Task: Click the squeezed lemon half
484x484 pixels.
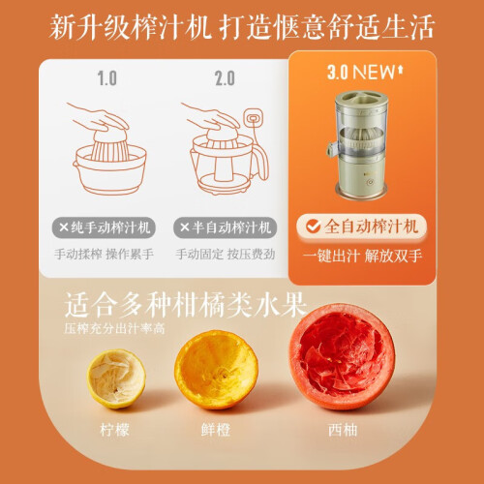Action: (116, 378)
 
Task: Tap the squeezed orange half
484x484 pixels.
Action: (216, 370)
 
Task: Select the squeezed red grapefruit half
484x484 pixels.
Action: (343, 356)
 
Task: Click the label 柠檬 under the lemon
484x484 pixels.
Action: (114, 430)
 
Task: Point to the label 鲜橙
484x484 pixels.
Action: (216, 430)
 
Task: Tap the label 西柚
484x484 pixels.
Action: (343, 430)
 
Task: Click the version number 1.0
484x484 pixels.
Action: (107, 78)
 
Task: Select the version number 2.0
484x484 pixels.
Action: (225, 78)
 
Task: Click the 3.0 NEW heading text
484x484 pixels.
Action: (365, 72)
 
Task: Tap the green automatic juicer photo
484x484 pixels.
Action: (359, 145)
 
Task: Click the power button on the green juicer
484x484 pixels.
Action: (371, 182)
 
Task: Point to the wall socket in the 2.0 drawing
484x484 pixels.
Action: (254, 118)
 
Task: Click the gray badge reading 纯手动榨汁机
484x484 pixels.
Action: (104, 227)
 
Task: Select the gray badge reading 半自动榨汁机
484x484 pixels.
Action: (225, 227)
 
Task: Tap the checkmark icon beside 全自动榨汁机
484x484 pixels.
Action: (313, 227)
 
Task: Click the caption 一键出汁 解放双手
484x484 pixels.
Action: (362, 256)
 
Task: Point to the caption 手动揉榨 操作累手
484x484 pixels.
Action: (104, 255)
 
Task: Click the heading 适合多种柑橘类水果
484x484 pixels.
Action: (185, 305)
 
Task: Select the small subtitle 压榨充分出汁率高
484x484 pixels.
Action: (114, 328)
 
